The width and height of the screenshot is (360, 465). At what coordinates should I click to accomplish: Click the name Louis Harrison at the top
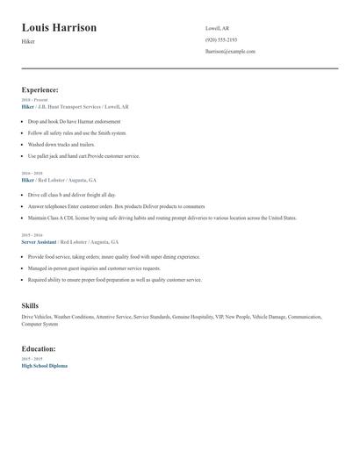point(59,28)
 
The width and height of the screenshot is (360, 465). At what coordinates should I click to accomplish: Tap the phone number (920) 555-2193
point(221,40)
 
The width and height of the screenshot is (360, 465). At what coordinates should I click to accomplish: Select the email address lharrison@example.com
point(230,52)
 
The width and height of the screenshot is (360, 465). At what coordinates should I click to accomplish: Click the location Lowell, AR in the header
point(217,29)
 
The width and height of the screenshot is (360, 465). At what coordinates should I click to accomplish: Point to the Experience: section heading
point(40,89)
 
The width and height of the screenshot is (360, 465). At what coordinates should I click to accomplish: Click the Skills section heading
point(30,305)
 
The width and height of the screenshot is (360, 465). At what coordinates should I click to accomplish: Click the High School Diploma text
point(44,366)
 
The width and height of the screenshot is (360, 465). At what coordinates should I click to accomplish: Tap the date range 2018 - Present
point(33,100)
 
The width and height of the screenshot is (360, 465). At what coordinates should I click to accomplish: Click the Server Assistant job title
point(39,241)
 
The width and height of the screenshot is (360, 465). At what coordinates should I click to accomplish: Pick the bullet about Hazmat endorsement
point(74,121)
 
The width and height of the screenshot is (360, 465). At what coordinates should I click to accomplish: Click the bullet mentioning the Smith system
point(77,132)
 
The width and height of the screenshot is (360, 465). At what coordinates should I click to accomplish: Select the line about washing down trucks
point(61,144)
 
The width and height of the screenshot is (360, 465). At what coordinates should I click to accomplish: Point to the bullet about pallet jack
point(83,156)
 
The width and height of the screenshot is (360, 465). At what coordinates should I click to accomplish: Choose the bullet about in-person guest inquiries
point(94,268)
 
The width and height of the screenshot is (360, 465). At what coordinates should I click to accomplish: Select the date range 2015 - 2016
point(32,235)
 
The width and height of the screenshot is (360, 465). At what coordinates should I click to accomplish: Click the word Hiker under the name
point(28,41)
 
